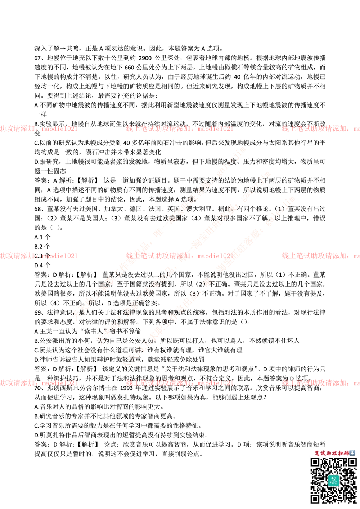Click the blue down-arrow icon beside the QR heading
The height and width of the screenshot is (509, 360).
[x=352, y=453]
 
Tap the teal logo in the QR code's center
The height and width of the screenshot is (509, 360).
[x=333, y=480]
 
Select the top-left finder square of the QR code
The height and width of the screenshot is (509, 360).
[x=315, y=462]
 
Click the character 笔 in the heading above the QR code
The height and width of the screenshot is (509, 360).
[x=317, y=453]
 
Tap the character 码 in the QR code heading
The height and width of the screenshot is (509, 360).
[x=346, y=453]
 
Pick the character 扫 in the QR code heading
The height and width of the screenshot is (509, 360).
[x=341, y=453]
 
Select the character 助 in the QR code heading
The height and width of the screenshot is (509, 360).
[x=329, y=453]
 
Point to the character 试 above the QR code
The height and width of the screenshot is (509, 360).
[x=323, y=453]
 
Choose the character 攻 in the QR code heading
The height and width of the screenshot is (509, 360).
[x=335, y=453]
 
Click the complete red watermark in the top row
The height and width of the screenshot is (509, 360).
[x=179, y=129]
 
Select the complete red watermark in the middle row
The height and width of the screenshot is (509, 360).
[x=179, y=256]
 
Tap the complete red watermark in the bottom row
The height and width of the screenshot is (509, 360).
[x=179, y=383]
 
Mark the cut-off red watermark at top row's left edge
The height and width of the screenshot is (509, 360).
[x=38, y=129]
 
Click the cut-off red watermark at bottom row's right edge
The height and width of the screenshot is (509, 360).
[x=320, y=383]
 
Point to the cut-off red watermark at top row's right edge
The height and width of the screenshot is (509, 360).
[x=320, y=129]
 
